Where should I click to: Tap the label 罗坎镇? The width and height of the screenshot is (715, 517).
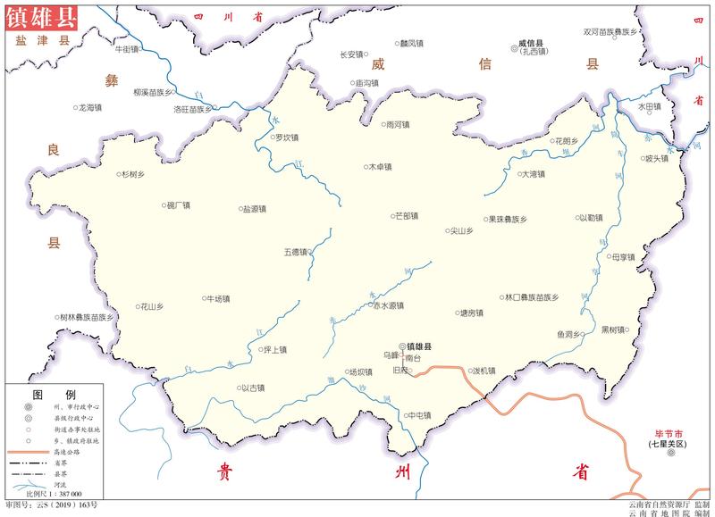tap(286, 138)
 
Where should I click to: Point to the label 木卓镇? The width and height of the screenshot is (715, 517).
tap(379, 166)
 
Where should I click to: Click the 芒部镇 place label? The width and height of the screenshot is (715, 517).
tap(407, 215)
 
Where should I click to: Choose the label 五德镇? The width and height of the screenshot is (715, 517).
tap(296, 252)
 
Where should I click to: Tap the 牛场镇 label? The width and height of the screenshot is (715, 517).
tap(219, 298)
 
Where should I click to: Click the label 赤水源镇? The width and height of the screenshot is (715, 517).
tap(390, 305)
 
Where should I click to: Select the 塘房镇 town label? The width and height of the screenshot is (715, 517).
tap(470, 313)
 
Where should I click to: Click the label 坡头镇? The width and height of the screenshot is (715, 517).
tap(656, 159)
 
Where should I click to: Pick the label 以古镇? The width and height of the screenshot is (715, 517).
tap(254, 388)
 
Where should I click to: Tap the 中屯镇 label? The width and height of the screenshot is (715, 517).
tap(418, 415)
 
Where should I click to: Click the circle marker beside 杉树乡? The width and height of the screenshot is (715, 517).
tap(119, 175)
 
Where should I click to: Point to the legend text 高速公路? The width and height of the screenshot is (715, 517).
tap(68, 452)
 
